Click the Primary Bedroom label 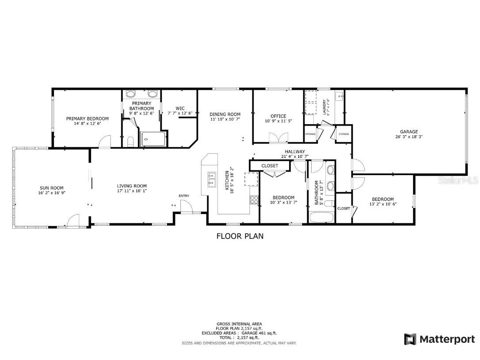coord(87,119)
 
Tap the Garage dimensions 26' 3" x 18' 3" coord(409,137)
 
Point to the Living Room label coord(132,186)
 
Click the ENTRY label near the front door coord(183,196)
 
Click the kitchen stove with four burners coord(254,199)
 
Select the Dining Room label coord(225,115)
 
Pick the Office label coord(278,116)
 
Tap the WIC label coord(180,108)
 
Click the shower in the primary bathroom coord(153,139)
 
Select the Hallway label coord(295,152)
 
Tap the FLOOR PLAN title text coord(240,236)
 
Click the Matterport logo coord(439,339)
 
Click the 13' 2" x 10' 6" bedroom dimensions coord(383,204)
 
